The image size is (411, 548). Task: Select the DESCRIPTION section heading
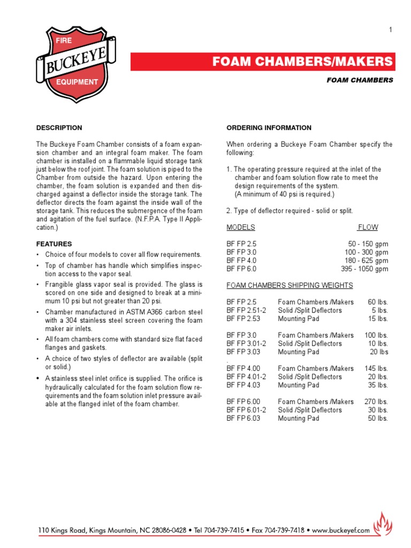click(59, 128)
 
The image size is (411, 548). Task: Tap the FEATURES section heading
click(52, 243)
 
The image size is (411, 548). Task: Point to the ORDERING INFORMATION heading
click(269, 128)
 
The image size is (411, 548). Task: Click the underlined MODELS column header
click(241, 227)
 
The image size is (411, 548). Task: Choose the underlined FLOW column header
click(368, 227)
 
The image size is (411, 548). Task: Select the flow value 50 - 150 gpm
click(368, 244)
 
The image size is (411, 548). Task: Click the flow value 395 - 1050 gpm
click(364, 269)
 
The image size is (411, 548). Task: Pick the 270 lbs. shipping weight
click(376, 401)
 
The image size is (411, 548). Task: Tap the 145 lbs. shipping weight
click(376, 368)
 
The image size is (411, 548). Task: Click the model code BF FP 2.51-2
click(246, 310)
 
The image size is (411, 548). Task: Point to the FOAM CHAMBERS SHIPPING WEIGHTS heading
click(290, 285)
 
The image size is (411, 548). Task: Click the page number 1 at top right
click(391, 30)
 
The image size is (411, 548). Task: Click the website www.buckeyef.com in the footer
click(341, 530)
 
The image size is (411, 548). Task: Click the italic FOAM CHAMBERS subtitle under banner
click(360, 80)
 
